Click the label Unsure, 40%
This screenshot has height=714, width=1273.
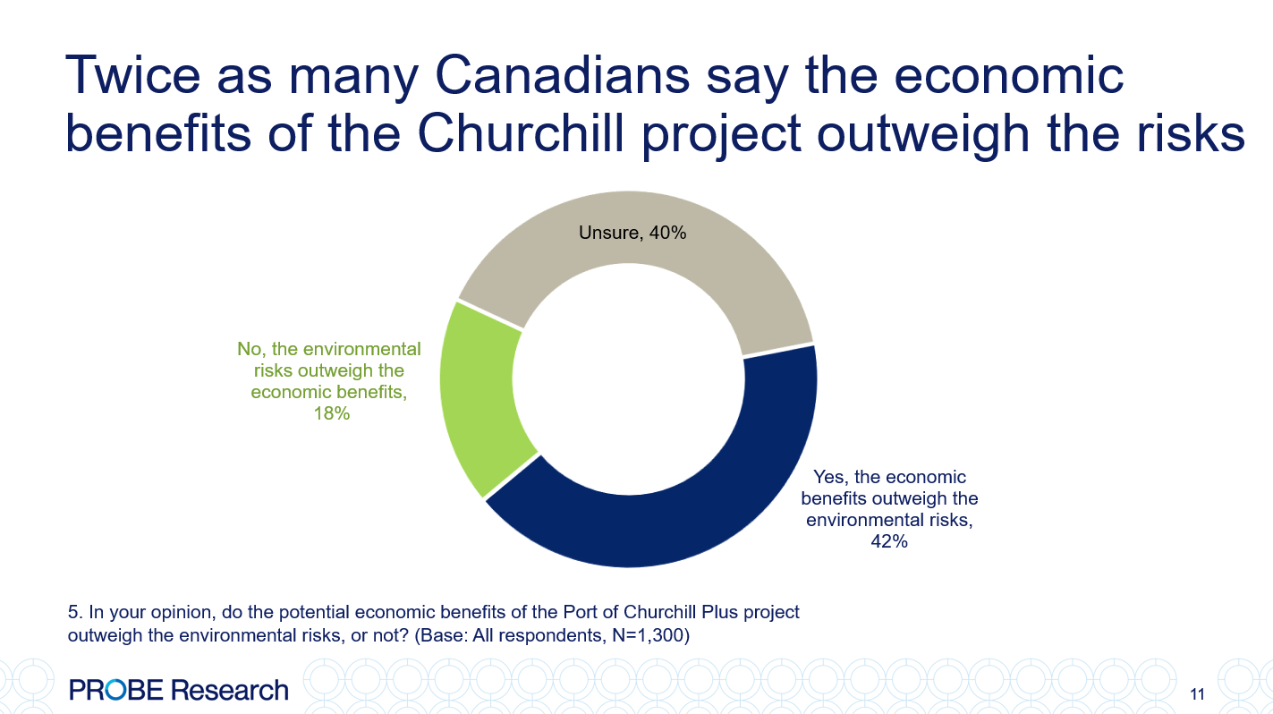point(632,234)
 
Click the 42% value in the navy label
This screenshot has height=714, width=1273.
point(889,540)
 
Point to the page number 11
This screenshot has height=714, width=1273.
point(1198,693)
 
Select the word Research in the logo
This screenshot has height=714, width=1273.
point(230,690)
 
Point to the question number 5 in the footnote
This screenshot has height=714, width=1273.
point(73,613)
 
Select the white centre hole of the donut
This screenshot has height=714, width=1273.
point(628,378)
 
